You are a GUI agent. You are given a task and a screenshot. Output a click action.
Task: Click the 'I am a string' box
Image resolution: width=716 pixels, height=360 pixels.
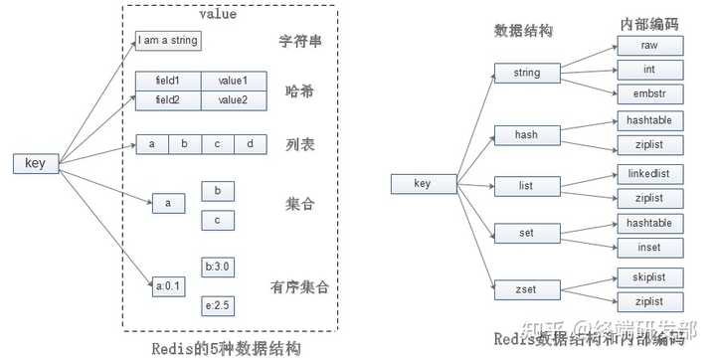coord(168,41)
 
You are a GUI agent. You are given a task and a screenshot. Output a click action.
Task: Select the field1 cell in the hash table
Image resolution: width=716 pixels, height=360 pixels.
coord(168,81)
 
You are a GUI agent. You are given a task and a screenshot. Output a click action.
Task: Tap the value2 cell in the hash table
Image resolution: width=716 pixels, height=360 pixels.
coord(234,99)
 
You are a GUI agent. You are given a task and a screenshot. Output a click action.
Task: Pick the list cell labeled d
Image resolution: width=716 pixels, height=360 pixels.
coord(250,144)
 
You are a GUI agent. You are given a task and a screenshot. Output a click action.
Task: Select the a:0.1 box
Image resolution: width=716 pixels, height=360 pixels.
coord(168,286)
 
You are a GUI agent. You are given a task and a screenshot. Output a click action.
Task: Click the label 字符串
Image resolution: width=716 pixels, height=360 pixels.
coord(297,42)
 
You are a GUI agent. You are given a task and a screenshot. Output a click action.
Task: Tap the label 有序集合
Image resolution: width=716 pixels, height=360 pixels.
coord(298,288)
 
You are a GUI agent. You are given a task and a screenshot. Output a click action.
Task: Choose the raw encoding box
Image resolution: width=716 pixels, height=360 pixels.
coord(649,45)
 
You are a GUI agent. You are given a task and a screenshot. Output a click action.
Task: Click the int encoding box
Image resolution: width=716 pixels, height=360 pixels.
coord(649,70)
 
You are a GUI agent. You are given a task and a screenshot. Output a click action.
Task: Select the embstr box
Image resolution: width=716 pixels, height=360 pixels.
coord(649,94)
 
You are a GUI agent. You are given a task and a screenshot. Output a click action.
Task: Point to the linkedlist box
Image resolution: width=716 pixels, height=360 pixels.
coord(649,173)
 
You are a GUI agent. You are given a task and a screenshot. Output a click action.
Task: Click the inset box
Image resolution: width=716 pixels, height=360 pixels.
coord(649,247)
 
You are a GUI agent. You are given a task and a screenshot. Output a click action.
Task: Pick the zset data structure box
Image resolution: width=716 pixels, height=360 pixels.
coord(526,288)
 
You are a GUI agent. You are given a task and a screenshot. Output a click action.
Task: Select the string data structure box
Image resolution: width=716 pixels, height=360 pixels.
coord(526,72)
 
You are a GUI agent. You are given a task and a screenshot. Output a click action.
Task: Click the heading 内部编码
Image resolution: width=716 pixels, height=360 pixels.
coord(647,23)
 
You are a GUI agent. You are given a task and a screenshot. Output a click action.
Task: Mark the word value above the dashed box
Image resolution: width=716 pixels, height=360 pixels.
coord(218,14)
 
